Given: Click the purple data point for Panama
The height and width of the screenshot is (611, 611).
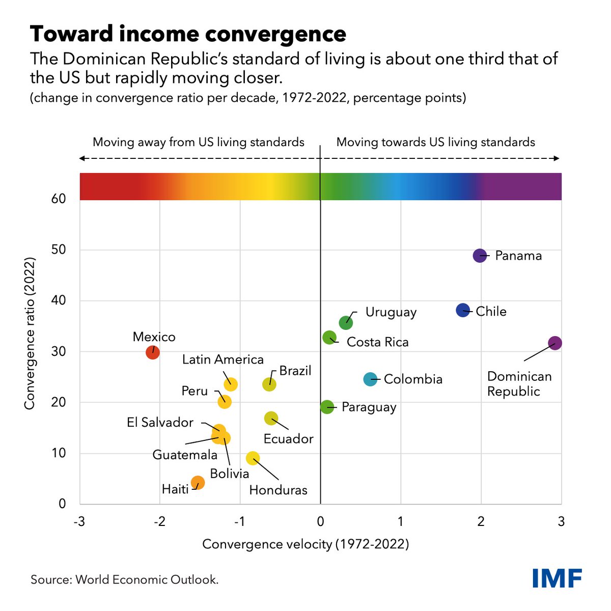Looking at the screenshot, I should coord(480,256).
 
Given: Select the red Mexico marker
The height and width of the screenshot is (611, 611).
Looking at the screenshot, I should coord(153,352).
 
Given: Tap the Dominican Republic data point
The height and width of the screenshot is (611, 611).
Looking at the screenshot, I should coord(555,343).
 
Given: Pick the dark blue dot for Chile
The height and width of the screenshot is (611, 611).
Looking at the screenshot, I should coord(463,310).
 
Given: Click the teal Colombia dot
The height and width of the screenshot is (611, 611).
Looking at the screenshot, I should coord(370,379).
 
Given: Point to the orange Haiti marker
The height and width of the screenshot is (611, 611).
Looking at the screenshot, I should coord(198,482).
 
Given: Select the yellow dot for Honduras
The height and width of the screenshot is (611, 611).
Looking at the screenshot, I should coord(253,458).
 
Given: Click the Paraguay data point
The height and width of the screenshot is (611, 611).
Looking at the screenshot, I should coord(327,407).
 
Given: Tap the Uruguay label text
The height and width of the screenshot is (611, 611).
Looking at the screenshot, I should coord(391,312).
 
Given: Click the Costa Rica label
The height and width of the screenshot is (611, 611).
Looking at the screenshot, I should coord(377,342).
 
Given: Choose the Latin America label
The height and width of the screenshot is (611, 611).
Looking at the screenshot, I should coord(223,359).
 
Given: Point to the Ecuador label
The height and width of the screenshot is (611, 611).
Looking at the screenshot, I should coord(288,438).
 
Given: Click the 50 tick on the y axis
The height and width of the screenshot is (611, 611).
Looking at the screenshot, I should coord(59,249).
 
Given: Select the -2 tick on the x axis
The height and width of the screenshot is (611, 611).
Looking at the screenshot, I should coord(160,522).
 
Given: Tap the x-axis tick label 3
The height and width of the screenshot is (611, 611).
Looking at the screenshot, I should coord(561,522).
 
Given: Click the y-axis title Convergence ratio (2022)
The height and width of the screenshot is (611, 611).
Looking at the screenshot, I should coord(30,334).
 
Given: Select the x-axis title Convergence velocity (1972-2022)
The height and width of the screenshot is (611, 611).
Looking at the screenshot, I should coord(305,544).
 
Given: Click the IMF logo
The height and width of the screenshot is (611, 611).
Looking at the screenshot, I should coord(557,578).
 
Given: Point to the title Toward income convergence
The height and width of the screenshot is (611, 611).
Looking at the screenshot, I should coord(188,34).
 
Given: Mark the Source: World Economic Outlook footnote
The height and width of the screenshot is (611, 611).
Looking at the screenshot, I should coord(125,579).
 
